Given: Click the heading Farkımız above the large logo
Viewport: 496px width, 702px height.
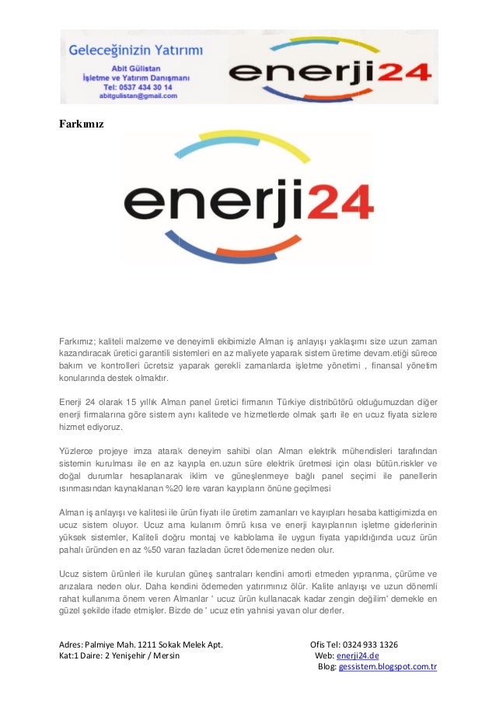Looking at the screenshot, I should [82, 124].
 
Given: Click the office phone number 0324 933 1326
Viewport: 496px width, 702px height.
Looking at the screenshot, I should [365, 644].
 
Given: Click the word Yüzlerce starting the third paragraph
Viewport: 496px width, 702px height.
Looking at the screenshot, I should [77, 451].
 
